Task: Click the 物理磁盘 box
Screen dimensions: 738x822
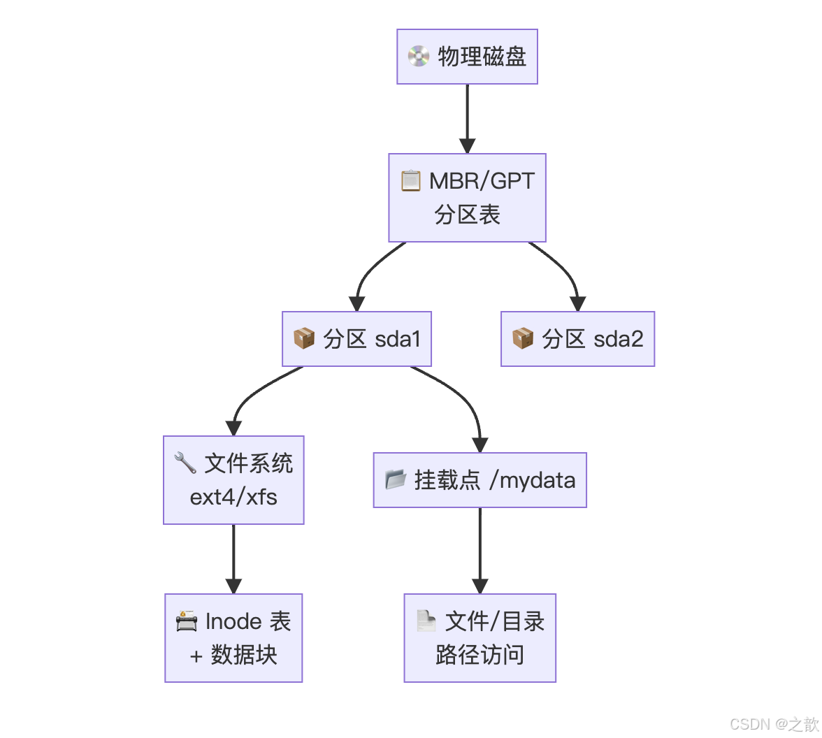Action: (x=467, y=57)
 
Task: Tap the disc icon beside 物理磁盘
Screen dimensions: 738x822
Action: (x=419, y=57)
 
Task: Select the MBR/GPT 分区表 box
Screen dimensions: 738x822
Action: (x=467, y=198)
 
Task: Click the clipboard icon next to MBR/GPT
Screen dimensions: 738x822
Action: (x=411, y=180)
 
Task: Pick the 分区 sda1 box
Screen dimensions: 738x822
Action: (x=356, y=339)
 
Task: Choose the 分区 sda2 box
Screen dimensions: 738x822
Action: (x=577, y=339)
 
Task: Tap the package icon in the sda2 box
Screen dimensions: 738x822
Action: (x=523, y=339)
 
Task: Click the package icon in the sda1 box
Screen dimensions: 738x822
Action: (x=304, y=339)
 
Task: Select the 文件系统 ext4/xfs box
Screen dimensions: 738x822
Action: (x=233, y=480)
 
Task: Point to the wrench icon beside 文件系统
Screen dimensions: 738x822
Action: (x=185, y=463)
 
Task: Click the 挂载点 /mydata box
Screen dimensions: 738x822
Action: (x=480, y=480)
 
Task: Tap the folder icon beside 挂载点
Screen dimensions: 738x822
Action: (x=396, y=479)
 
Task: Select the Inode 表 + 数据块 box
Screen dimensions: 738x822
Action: (x=233, y=638)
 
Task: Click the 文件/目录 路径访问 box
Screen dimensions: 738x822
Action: (x=480, y=638)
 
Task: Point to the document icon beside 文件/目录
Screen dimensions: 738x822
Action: (x=426, y=621)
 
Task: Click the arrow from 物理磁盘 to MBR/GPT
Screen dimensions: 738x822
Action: (x=467, y=119)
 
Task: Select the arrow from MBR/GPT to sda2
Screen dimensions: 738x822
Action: (x=565, y=273)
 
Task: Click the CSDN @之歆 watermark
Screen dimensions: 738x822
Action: (x=774, y=724)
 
